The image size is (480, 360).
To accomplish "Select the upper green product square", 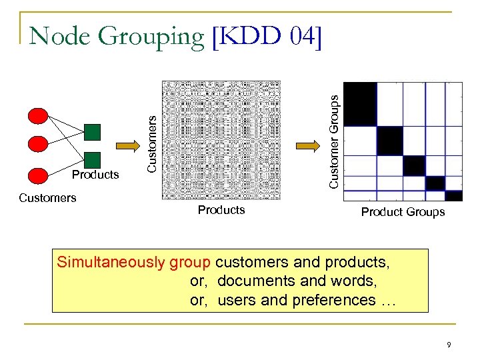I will (93, 132).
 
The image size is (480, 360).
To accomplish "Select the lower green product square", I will (93, 159).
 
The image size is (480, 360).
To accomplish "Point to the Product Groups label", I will (403, 212).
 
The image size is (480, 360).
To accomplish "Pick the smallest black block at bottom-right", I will (454, 195).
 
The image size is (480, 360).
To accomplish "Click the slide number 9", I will (449, 345).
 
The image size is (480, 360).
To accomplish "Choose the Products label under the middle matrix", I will (221, 210).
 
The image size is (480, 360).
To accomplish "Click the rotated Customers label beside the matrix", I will (152, 144).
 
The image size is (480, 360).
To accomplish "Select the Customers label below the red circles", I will (47, 197).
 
